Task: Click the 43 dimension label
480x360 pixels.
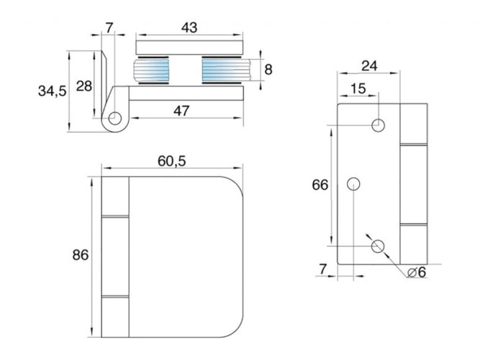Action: coord(189,27)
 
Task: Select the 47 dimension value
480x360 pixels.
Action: coord(181,111)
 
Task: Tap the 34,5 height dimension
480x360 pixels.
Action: coord(52,91)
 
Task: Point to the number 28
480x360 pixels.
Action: coord(84,86)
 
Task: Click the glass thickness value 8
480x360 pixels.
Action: coord(268,70)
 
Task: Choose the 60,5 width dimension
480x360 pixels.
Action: coord(172,161)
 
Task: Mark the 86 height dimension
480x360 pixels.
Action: coord(80,255)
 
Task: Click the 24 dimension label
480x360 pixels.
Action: coord(369,66)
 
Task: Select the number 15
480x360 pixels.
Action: coord(358,89)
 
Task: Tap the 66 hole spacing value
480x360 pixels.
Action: coord(320,185)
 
